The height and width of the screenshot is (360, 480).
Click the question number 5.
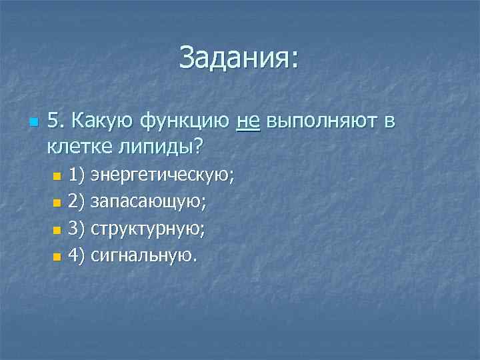(56, 122)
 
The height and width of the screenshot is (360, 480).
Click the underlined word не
(247, 122)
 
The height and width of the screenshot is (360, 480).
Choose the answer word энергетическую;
(163, 177)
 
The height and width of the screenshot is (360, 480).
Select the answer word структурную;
(147, 229)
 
